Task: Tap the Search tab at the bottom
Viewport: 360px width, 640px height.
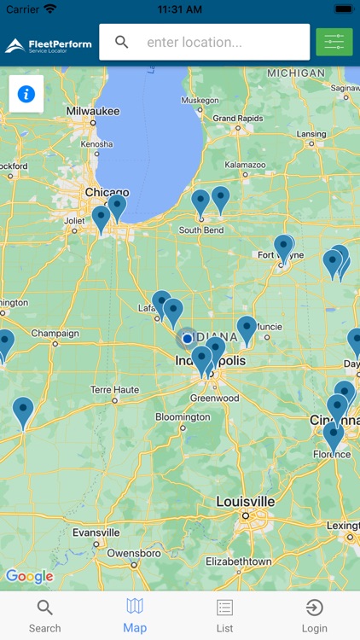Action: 44,615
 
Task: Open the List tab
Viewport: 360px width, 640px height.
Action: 224,615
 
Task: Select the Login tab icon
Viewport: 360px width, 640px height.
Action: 314,615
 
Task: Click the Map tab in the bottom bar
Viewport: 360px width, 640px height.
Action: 135,615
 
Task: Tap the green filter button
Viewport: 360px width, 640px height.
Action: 334,42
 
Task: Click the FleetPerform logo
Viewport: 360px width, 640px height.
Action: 49,44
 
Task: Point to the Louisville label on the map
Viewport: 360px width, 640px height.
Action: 245,501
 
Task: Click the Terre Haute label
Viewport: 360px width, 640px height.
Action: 115,389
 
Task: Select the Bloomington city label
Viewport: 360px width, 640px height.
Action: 182,417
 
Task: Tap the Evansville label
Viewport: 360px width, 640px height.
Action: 96,532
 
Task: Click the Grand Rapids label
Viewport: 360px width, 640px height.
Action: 237,118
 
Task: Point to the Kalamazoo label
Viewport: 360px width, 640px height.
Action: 244,165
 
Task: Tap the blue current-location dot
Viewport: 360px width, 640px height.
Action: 187,339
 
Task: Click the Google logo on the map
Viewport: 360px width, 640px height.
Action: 30,577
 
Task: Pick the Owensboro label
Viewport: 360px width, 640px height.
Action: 134,553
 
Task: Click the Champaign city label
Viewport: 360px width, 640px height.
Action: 55,334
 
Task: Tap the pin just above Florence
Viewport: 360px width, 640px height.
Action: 333,435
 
